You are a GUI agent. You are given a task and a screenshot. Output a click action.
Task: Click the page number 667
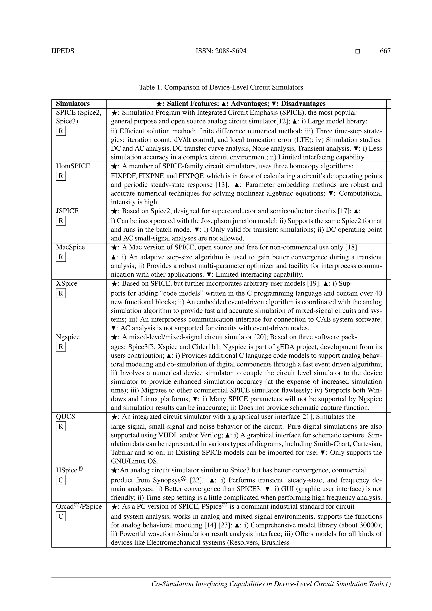(385, 51)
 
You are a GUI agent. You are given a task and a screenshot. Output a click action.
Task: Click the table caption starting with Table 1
(221, 87)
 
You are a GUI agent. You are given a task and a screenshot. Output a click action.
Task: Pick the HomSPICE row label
(73, 166)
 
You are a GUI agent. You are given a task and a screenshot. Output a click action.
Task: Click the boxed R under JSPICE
(61, 221)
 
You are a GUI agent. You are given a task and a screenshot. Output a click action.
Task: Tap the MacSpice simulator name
(70, 247)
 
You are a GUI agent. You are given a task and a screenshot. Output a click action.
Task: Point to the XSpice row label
(66, 283)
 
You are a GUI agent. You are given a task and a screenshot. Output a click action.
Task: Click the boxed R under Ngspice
(61, 347)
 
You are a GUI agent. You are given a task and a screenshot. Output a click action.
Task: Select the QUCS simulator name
(65, 417)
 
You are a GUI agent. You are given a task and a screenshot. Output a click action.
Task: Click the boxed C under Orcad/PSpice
(61, 516)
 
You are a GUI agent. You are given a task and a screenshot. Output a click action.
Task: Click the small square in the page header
(358, 51)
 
